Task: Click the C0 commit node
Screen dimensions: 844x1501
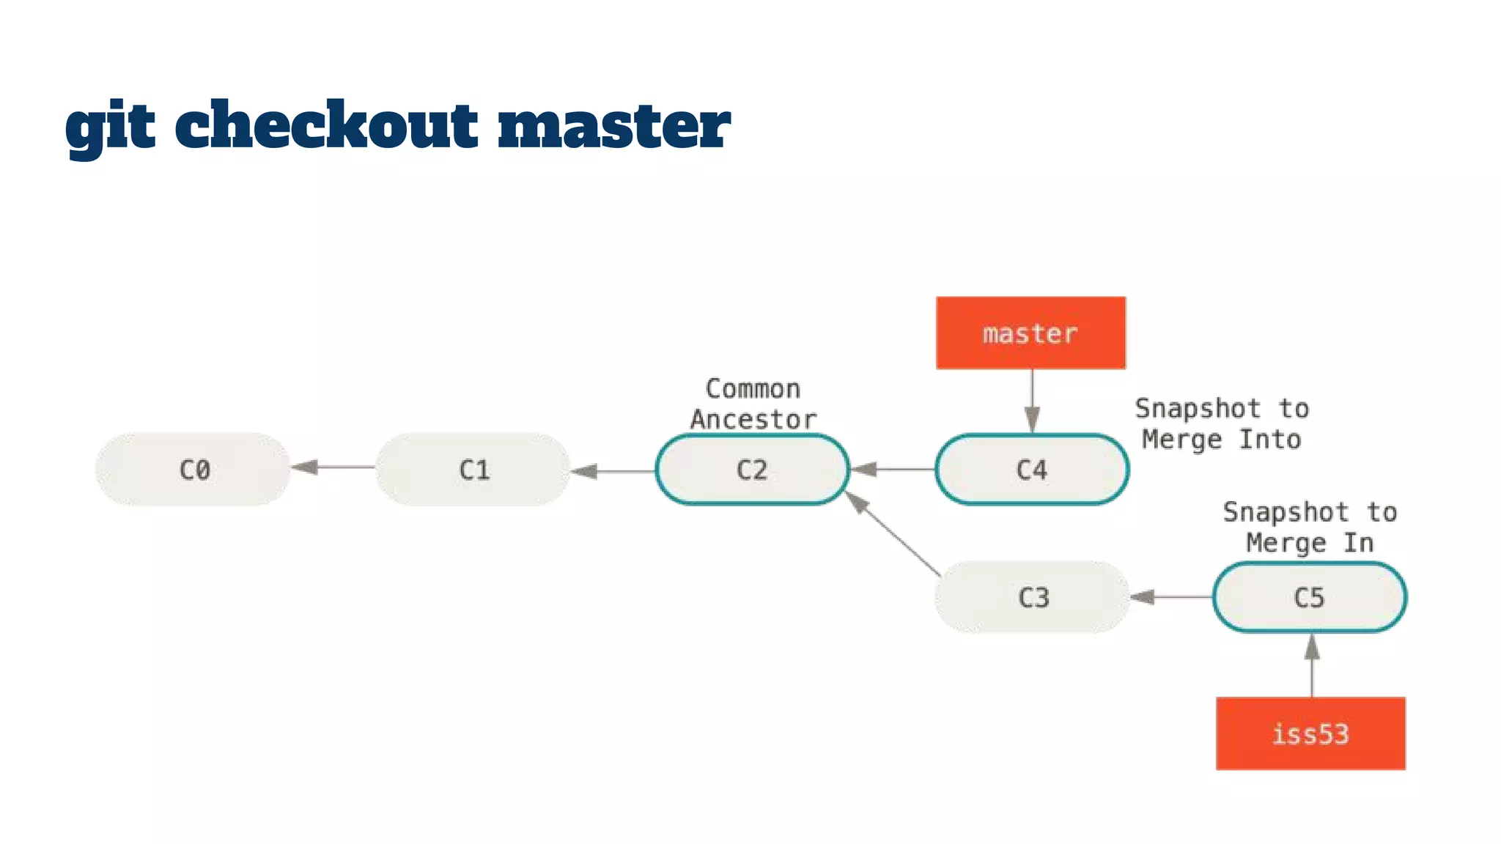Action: pyautogui.click(x=193, y=469)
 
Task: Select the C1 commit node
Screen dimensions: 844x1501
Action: pyautogui.click(x=473, y=469)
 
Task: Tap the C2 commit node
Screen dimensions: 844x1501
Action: pyautogui.click(x=753, y=469)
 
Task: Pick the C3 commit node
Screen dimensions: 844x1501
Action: pyautogui.click(x=1033, y=597)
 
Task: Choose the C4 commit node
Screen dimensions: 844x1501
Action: pyautogui.click(x=1032, y=469)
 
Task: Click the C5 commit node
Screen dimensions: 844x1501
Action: pyautogui.click(x=1310, y=597)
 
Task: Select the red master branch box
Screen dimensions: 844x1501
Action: pyautogui.click(x=1030, y=333)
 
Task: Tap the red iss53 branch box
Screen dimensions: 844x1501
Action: pyautogui.click(x=1310, y=733)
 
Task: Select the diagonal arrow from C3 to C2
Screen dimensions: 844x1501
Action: pyautogui.click(x=894, y=534)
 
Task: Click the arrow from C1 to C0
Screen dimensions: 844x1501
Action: pyautogui.click(x=333, y=467)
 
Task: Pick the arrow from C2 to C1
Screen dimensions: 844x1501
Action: pyautogui.click(x=613, y=471)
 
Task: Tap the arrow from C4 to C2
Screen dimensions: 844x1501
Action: pyautogui.click(x=893, y=469)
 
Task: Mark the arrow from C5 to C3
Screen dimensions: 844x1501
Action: pyautogui.click(x=1171, y=597)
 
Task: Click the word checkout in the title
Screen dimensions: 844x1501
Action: pyautogui.click(x=326, y=125)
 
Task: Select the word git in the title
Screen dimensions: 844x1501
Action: pyautogui.click(x=110, y=126)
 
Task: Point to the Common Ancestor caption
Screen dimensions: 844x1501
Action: pyautogui.click(x=753, y=404)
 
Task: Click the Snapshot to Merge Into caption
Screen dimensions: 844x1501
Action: pyautogui.click(x=1222, y=423)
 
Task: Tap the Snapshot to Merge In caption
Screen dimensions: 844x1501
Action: pyautogui.click(x=1310, y=527)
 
